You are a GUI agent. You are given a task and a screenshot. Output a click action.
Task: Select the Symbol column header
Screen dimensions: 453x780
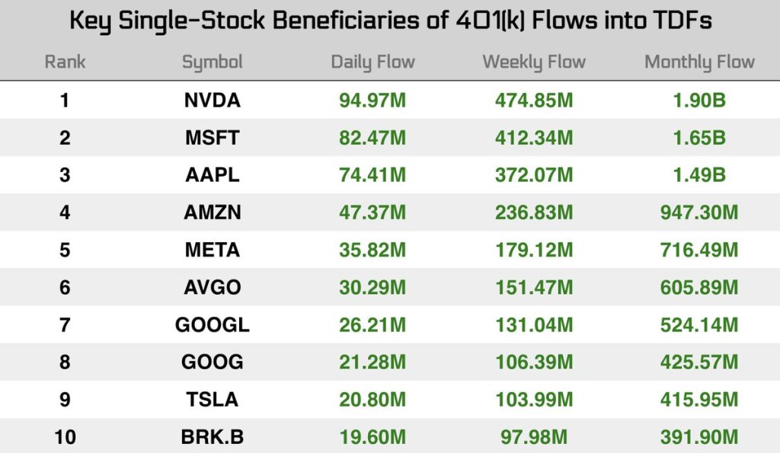212,62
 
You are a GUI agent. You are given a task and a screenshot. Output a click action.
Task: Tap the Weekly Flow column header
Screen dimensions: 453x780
534,62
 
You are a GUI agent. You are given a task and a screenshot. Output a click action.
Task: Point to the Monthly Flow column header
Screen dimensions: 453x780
699,62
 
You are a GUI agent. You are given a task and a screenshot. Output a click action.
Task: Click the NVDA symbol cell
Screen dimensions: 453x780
212,100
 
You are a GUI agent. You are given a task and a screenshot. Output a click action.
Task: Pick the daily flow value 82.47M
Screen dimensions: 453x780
372,138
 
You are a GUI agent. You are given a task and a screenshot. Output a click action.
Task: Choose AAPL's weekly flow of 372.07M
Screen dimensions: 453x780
533,175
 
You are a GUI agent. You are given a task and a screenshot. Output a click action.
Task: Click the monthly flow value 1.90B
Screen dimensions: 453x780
699,100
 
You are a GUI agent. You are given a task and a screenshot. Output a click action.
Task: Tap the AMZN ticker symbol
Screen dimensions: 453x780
212,212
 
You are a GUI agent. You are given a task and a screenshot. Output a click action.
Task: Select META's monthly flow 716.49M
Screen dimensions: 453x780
699,250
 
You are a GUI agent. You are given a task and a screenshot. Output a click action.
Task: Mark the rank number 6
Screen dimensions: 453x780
65,287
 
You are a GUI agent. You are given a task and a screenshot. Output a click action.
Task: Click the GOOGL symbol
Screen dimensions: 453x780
212,324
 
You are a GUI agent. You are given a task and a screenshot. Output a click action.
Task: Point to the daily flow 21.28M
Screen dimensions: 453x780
372,362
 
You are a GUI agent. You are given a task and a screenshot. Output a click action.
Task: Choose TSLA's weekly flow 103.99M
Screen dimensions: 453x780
533,399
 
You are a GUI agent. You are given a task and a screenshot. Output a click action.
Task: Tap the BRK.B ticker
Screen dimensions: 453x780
212,437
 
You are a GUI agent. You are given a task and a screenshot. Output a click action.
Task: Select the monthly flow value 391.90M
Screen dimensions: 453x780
699,437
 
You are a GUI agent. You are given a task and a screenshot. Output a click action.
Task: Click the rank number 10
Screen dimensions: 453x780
65,437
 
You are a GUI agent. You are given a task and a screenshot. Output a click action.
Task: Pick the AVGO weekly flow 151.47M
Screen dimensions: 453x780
533,287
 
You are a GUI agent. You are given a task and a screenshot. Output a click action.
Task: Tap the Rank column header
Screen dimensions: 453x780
65,62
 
